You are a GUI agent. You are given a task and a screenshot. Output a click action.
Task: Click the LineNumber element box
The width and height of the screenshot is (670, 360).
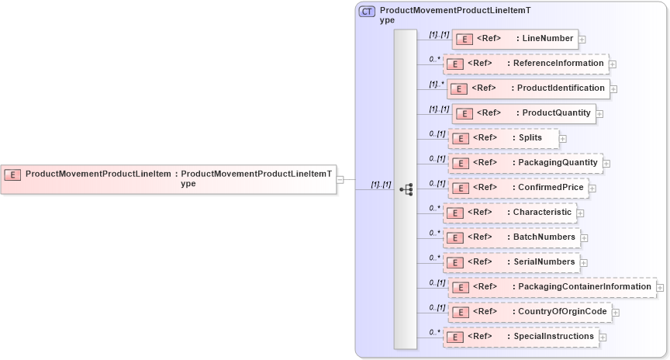514,38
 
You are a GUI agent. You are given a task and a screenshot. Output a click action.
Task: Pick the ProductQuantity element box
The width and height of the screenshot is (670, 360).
523,113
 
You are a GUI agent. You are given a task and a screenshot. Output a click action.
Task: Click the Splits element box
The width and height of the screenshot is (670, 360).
504,138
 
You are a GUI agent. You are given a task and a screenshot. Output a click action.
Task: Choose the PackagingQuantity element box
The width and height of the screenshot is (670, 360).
525,163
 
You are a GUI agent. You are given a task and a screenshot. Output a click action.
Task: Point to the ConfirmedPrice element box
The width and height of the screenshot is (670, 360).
518,188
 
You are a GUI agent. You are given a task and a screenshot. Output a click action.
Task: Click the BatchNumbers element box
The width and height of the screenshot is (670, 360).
512,237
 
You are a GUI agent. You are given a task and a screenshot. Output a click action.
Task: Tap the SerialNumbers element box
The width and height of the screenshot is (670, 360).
512,262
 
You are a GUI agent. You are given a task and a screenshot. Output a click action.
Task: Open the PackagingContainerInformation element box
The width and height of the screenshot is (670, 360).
552,287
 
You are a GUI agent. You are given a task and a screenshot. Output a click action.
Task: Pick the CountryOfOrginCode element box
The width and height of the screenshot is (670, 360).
530,312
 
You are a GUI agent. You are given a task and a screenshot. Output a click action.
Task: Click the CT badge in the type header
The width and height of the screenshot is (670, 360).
368,12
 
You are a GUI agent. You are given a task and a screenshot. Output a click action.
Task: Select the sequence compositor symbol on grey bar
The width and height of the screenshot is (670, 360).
406,189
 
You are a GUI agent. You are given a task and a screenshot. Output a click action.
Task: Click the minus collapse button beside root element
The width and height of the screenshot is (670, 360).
340,179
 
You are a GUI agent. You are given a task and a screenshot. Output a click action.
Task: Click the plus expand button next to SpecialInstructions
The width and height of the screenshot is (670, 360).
603,337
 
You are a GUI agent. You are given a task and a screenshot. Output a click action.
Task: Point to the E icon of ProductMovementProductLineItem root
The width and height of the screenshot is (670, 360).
13,175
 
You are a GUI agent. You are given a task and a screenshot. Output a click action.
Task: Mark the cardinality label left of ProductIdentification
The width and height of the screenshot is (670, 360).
437,84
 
